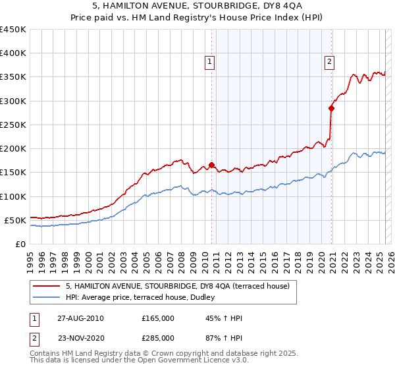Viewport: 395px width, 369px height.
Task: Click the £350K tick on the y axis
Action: click(x=13, y=77)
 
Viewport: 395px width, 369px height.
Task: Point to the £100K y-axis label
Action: click(x=13, y=196)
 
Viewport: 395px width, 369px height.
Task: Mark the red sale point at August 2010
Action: click(x=211, y=165)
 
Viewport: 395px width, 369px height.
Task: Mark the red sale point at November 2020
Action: click(x=331, y=108)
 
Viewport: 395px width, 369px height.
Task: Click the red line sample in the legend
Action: click(x=47, y=286)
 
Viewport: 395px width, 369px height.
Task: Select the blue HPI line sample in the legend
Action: click(x=47, y=297)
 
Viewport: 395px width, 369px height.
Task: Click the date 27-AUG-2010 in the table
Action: click(x=80, y=318)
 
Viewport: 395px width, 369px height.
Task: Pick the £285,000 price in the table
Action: click(x=158, y=337)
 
